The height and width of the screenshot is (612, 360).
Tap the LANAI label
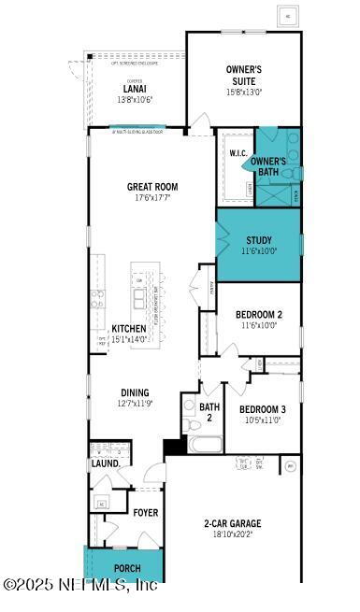134,89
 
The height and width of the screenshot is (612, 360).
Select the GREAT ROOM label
152,187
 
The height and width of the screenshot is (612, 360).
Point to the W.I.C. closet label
237,152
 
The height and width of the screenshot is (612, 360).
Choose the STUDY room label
259,240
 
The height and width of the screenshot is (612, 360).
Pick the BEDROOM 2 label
259,314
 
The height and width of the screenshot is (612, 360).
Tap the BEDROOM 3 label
262,409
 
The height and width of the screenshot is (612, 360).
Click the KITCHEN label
129,329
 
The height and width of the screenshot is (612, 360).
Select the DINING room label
135,392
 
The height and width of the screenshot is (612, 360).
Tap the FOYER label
145,513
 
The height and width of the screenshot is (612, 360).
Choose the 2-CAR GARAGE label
233,523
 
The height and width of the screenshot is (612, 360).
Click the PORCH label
127,568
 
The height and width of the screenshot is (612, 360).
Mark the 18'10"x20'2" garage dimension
233,534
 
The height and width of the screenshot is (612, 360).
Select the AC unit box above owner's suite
287,17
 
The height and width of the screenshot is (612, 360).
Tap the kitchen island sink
141,299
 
